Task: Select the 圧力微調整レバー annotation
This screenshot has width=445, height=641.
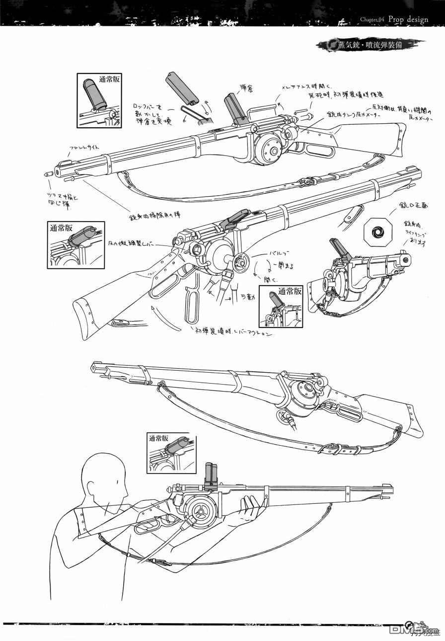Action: pos(134,244)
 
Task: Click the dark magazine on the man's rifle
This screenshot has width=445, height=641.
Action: pos(211,476)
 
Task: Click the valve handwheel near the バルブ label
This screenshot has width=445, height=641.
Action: pos(242,260)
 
